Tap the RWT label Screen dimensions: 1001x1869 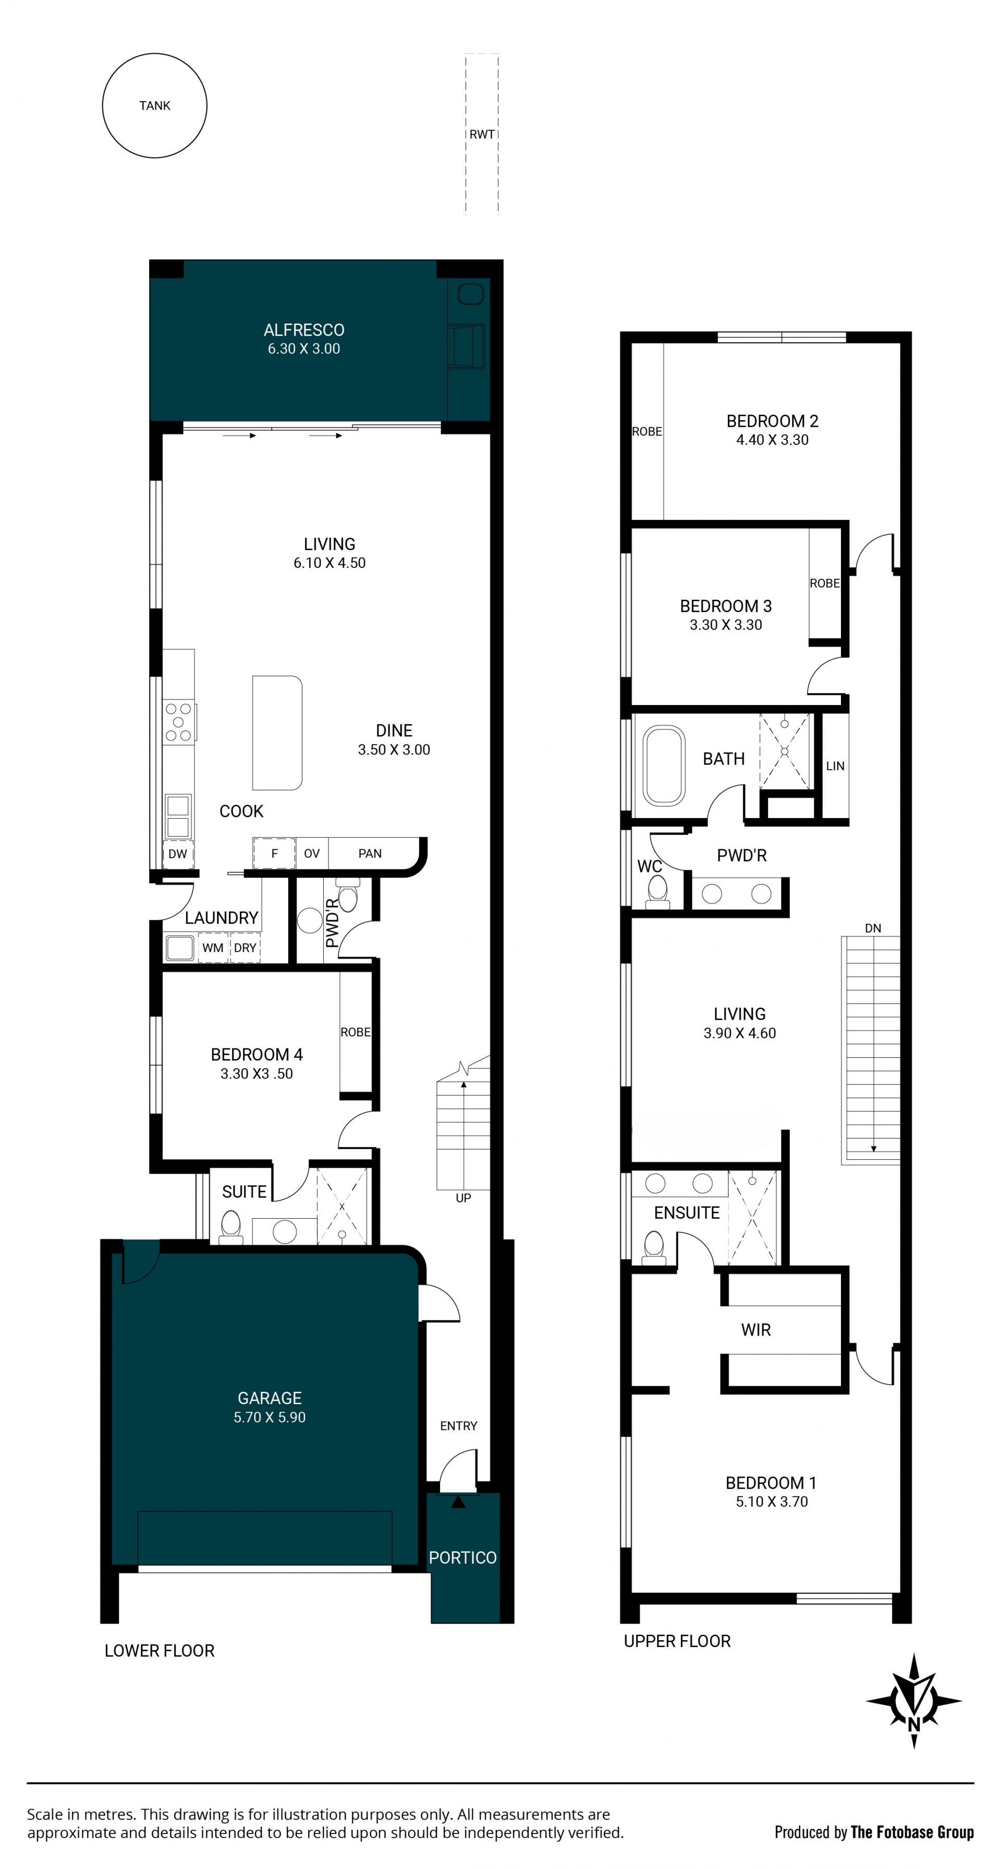[482, 134]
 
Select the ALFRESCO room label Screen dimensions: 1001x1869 [304, 330]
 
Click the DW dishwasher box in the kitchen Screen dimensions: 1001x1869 [178, 854]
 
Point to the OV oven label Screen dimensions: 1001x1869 [311, 854]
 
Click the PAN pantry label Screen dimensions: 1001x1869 [370, 854]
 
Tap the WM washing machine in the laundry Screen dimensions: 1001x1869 [213, 948]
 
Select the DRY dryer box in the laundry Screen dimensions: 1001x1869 [246, 948]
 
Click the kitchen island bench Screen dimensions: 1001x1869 [276, 733]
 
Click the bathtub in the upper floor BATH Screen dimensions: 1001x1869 [664, 765]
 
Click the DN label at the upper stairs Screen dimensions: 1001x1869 [873, 928]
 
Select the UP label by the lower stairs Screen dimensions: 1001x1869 [463, 1198]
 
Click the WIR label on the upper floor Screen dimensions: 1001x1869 [755, 1330]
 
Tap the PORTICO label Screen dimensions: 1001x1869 [463, 1558]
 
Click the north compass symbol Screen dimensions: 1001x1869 [914, 1701]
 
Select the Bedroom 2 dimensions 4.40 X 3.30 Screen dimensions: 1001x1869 [772, 440]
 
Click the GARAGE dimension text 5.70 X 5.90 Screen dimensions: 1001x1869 [270, 1417]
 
